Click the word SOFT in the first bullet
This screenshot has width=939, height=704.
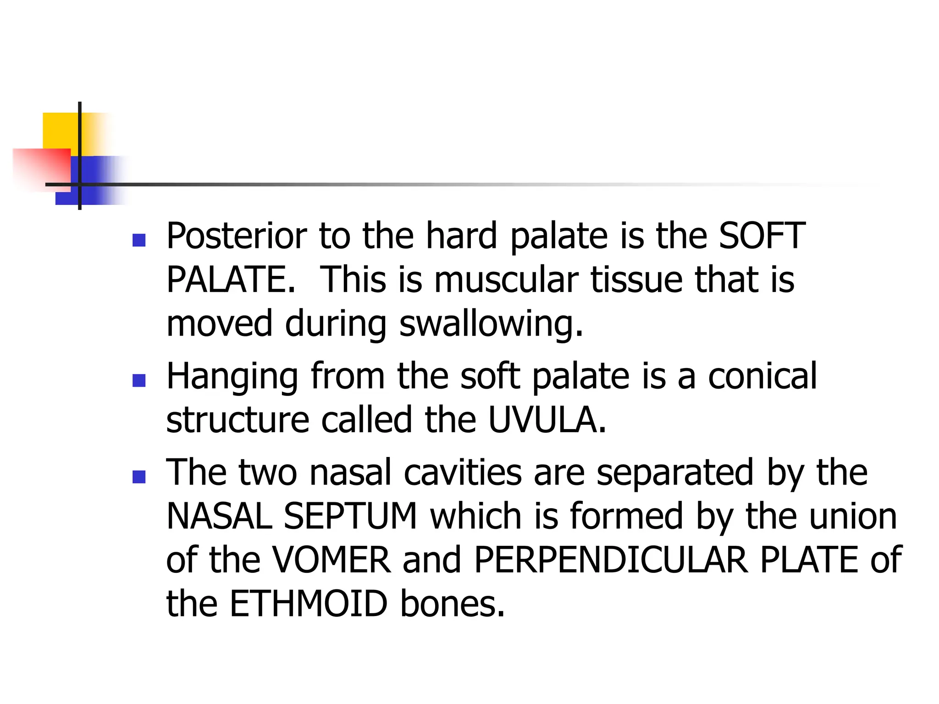(762, 236)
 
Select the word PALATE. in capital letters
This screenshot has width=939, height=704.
(231, 280)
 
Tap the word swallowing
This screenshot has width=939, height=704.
(491, 324)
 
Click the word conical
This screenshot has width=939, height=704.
(762, 376)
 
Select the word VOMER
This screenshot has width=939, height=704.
(331, 560)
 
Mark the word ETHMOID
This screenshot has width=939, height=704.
(309, 604)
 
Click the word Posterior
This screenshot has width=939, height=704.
(237, 236)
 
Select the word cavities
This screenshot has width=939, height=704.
(463, 473)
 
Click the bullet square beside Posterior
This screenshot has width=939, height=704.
(138, 240)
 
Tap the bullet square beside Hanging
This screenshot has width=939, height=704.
(138, 380)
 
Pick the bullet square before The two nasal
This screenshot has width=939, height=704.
(138, 477)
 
